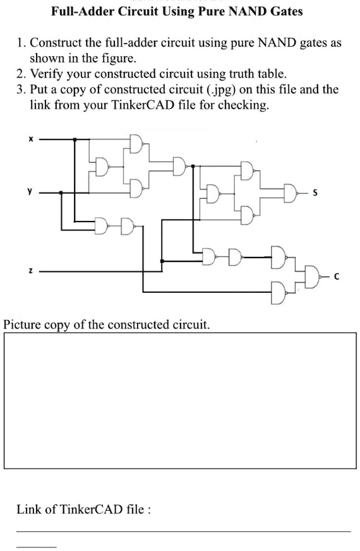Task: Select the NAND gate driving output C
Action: [313, 275]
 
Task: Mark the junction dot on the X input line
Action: [76, 140]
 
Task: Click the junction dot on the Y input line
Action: [61, 193]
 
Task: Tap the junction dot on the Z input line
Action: [163, 261]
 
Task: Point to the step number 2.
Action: [20, 73]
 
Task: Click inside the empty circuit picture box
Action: [179, 400]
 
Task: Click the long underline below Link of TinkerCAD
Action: [183, 531]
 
